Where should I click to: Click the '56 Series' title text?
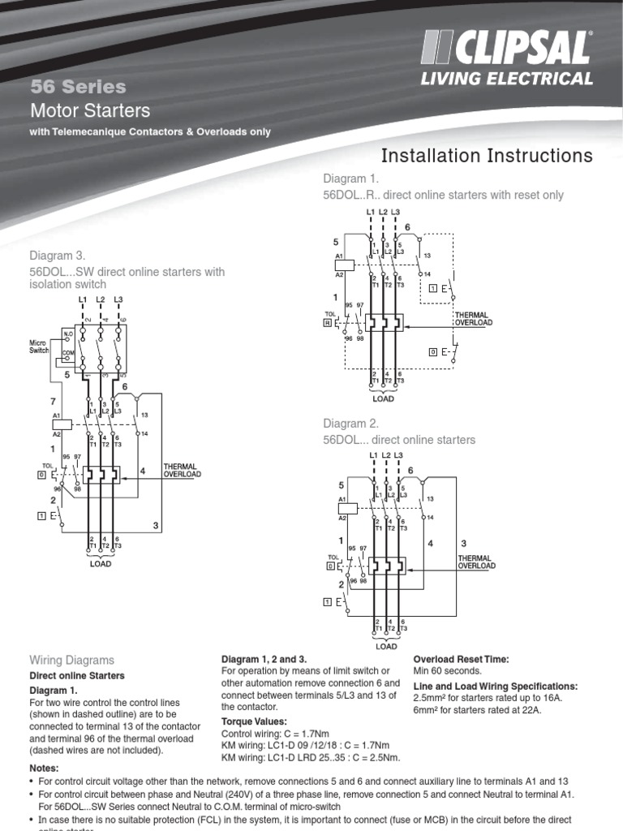[78, 87]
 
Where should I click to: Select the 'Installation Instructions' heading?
[487, 156]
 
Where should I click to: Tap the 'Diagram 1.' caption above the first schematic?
[351, 179]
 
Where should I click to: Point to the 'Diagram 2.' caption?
[351, 423]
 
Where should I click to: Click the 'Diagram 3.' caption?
[58, 256]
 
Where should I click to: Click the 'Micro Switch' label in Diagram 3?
[39, 347]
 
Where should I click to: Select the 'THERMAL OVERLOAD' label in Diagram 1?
[473, 319]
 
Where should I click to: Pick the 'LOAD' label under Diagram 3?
[100, 562]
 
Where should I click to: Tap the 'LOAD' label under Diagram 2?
[386, 647]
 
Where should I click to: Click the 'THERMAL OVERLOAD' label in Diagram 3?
[182, 471]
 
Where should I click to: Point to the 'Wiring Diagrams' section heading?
[72, 661]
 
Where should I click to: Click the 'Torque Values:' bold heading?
[254, 721]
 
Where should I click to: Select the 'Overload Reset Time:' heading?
[461, 659]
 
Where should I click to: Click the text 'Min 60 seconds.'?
[448, 671]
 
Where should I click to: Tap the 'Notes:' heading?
[45, 767]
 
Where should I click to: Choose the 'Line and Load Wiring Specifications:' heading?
[496, 686]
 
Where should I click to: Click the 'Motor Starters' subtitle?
[89, 110]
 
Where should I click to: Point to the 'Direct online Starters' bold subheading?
[77, 675]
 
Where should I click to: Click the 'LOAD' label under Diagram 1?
[383, 399]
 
